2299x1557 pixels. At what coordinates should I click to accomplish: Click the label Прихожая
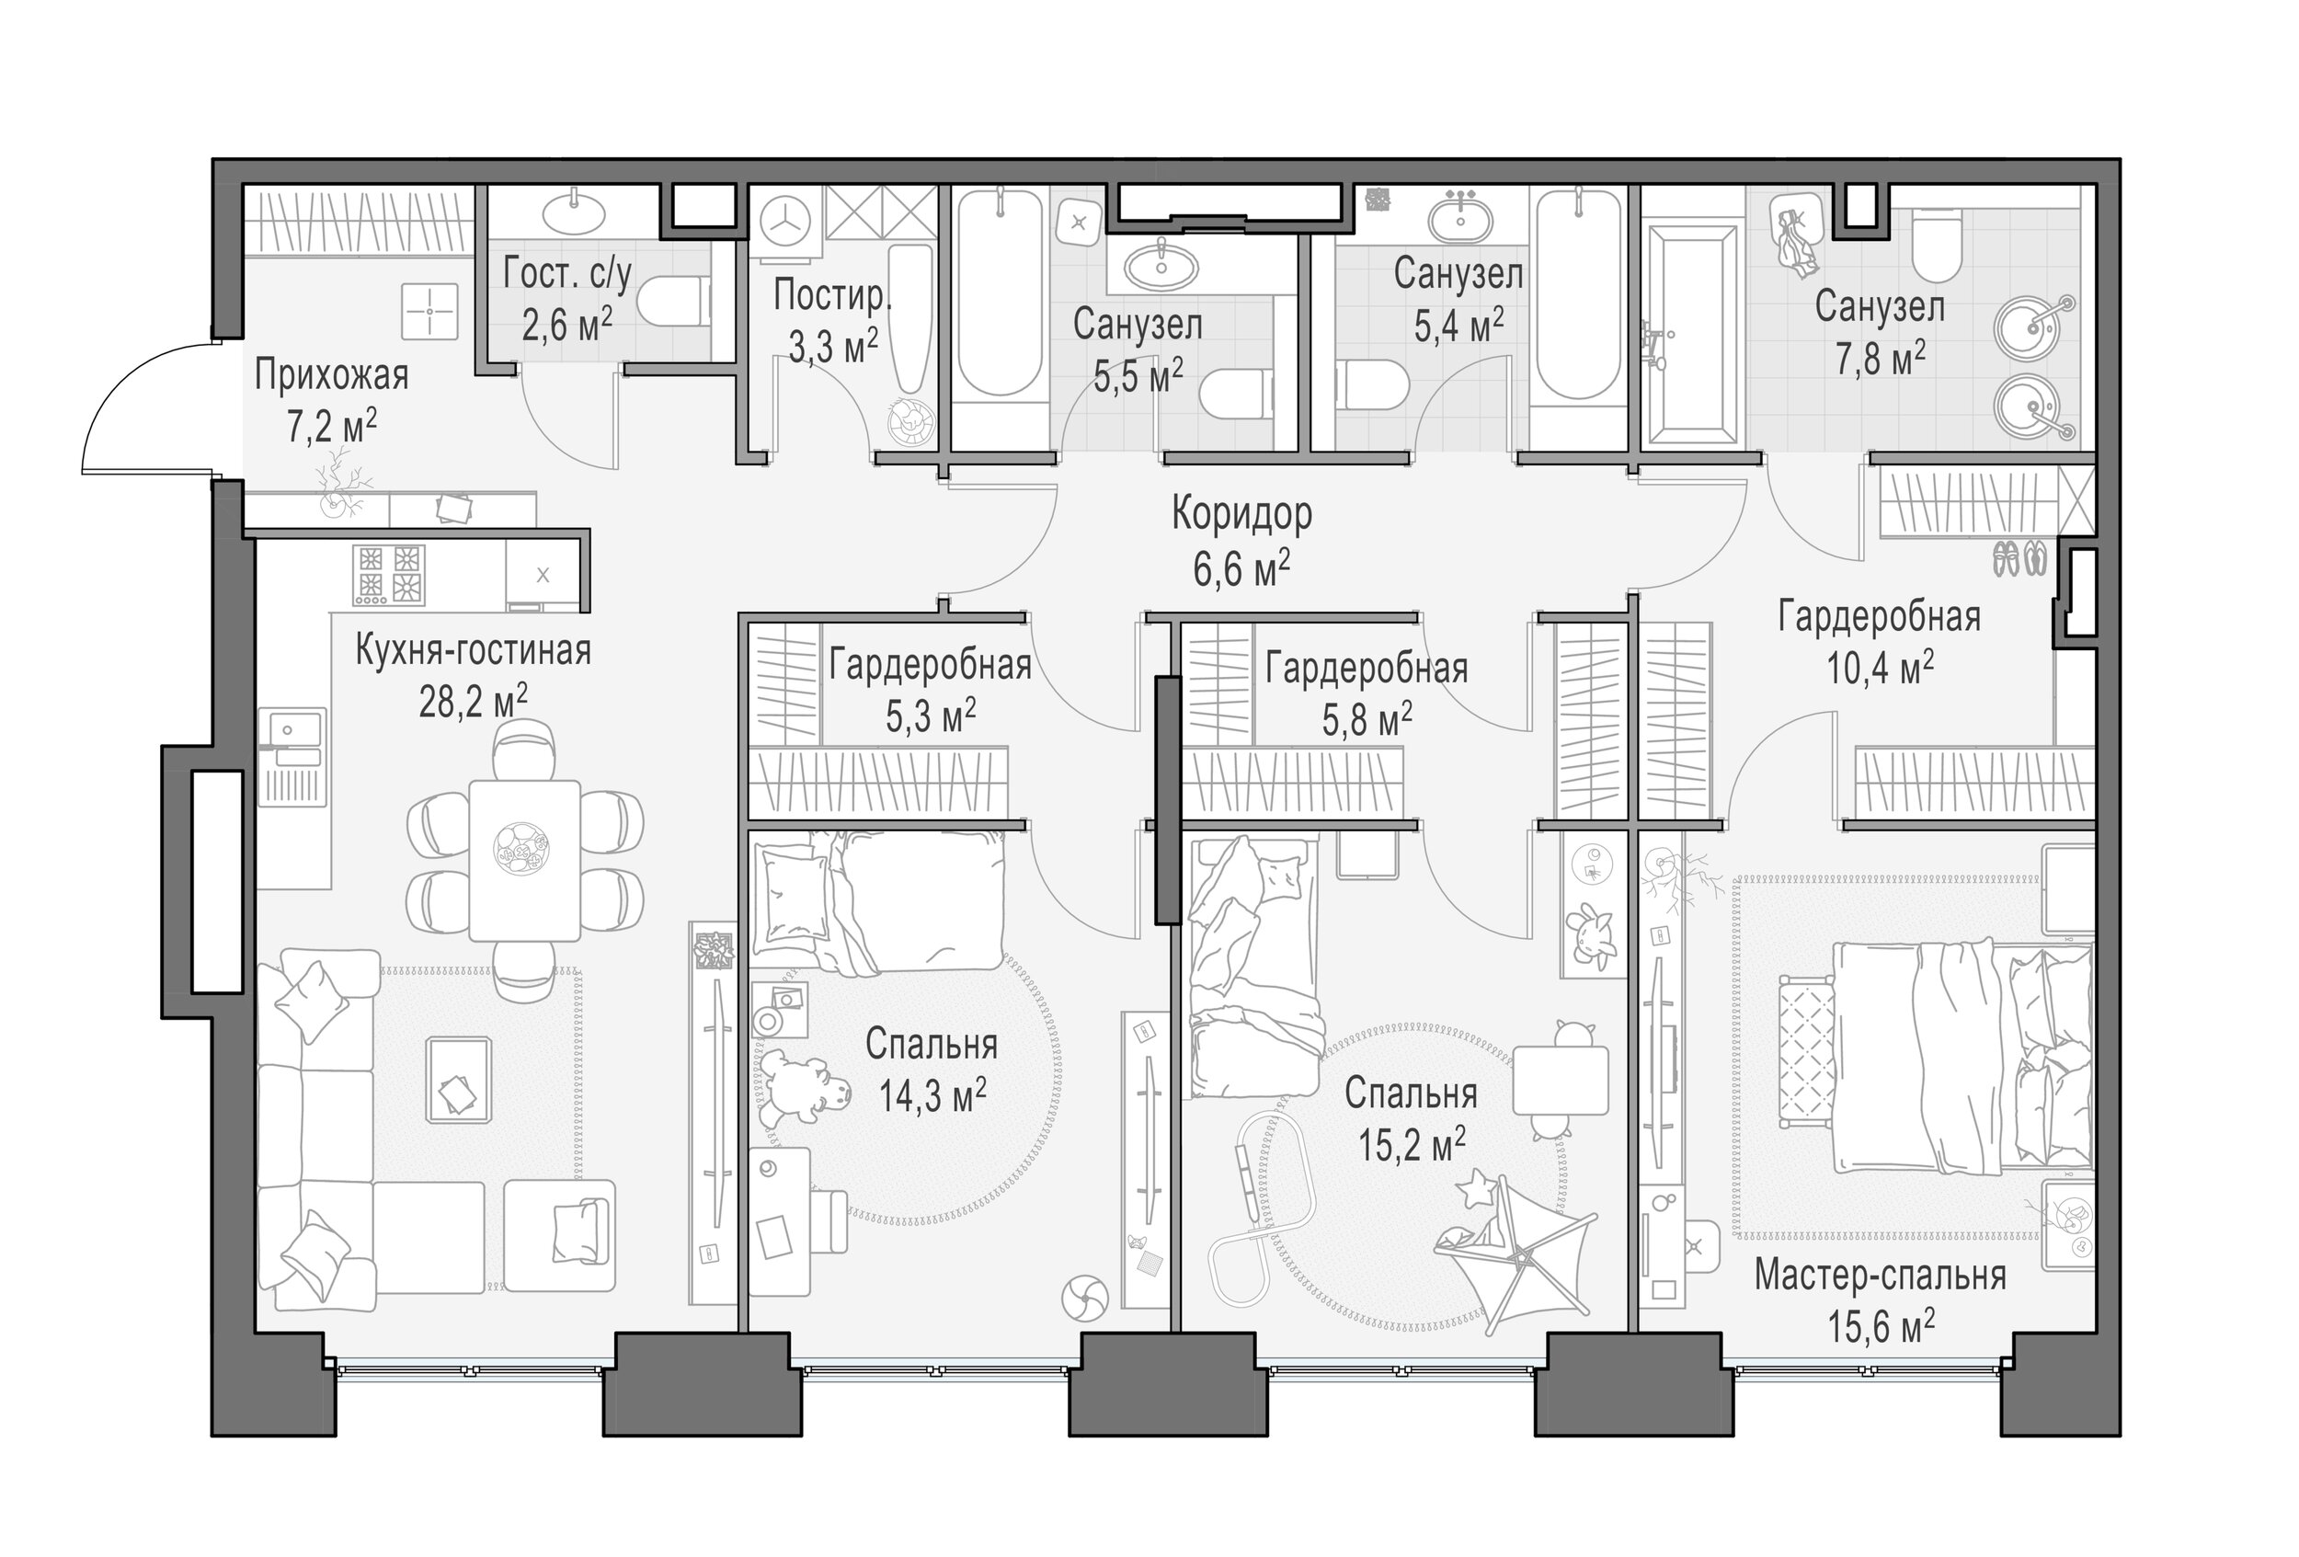tap(331, 377)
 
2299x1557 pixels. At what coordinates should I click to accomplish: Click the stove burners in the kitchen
tap(389, 575)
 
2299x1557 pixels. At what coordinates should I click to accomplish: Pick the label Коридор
tap(1242, 513)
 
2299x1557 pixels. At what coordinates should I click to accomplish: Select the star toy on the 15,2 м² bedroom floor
tap(1477, 1187)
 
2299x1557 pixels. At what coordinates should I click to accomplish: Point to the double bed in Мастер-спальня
tap(1962, 1057)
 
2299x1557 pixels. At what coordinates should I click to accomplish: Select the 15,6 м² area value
tap(1881, 1324)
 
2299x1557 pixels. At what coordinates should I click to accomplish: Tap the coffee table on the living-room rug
tap(458, 1079)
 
